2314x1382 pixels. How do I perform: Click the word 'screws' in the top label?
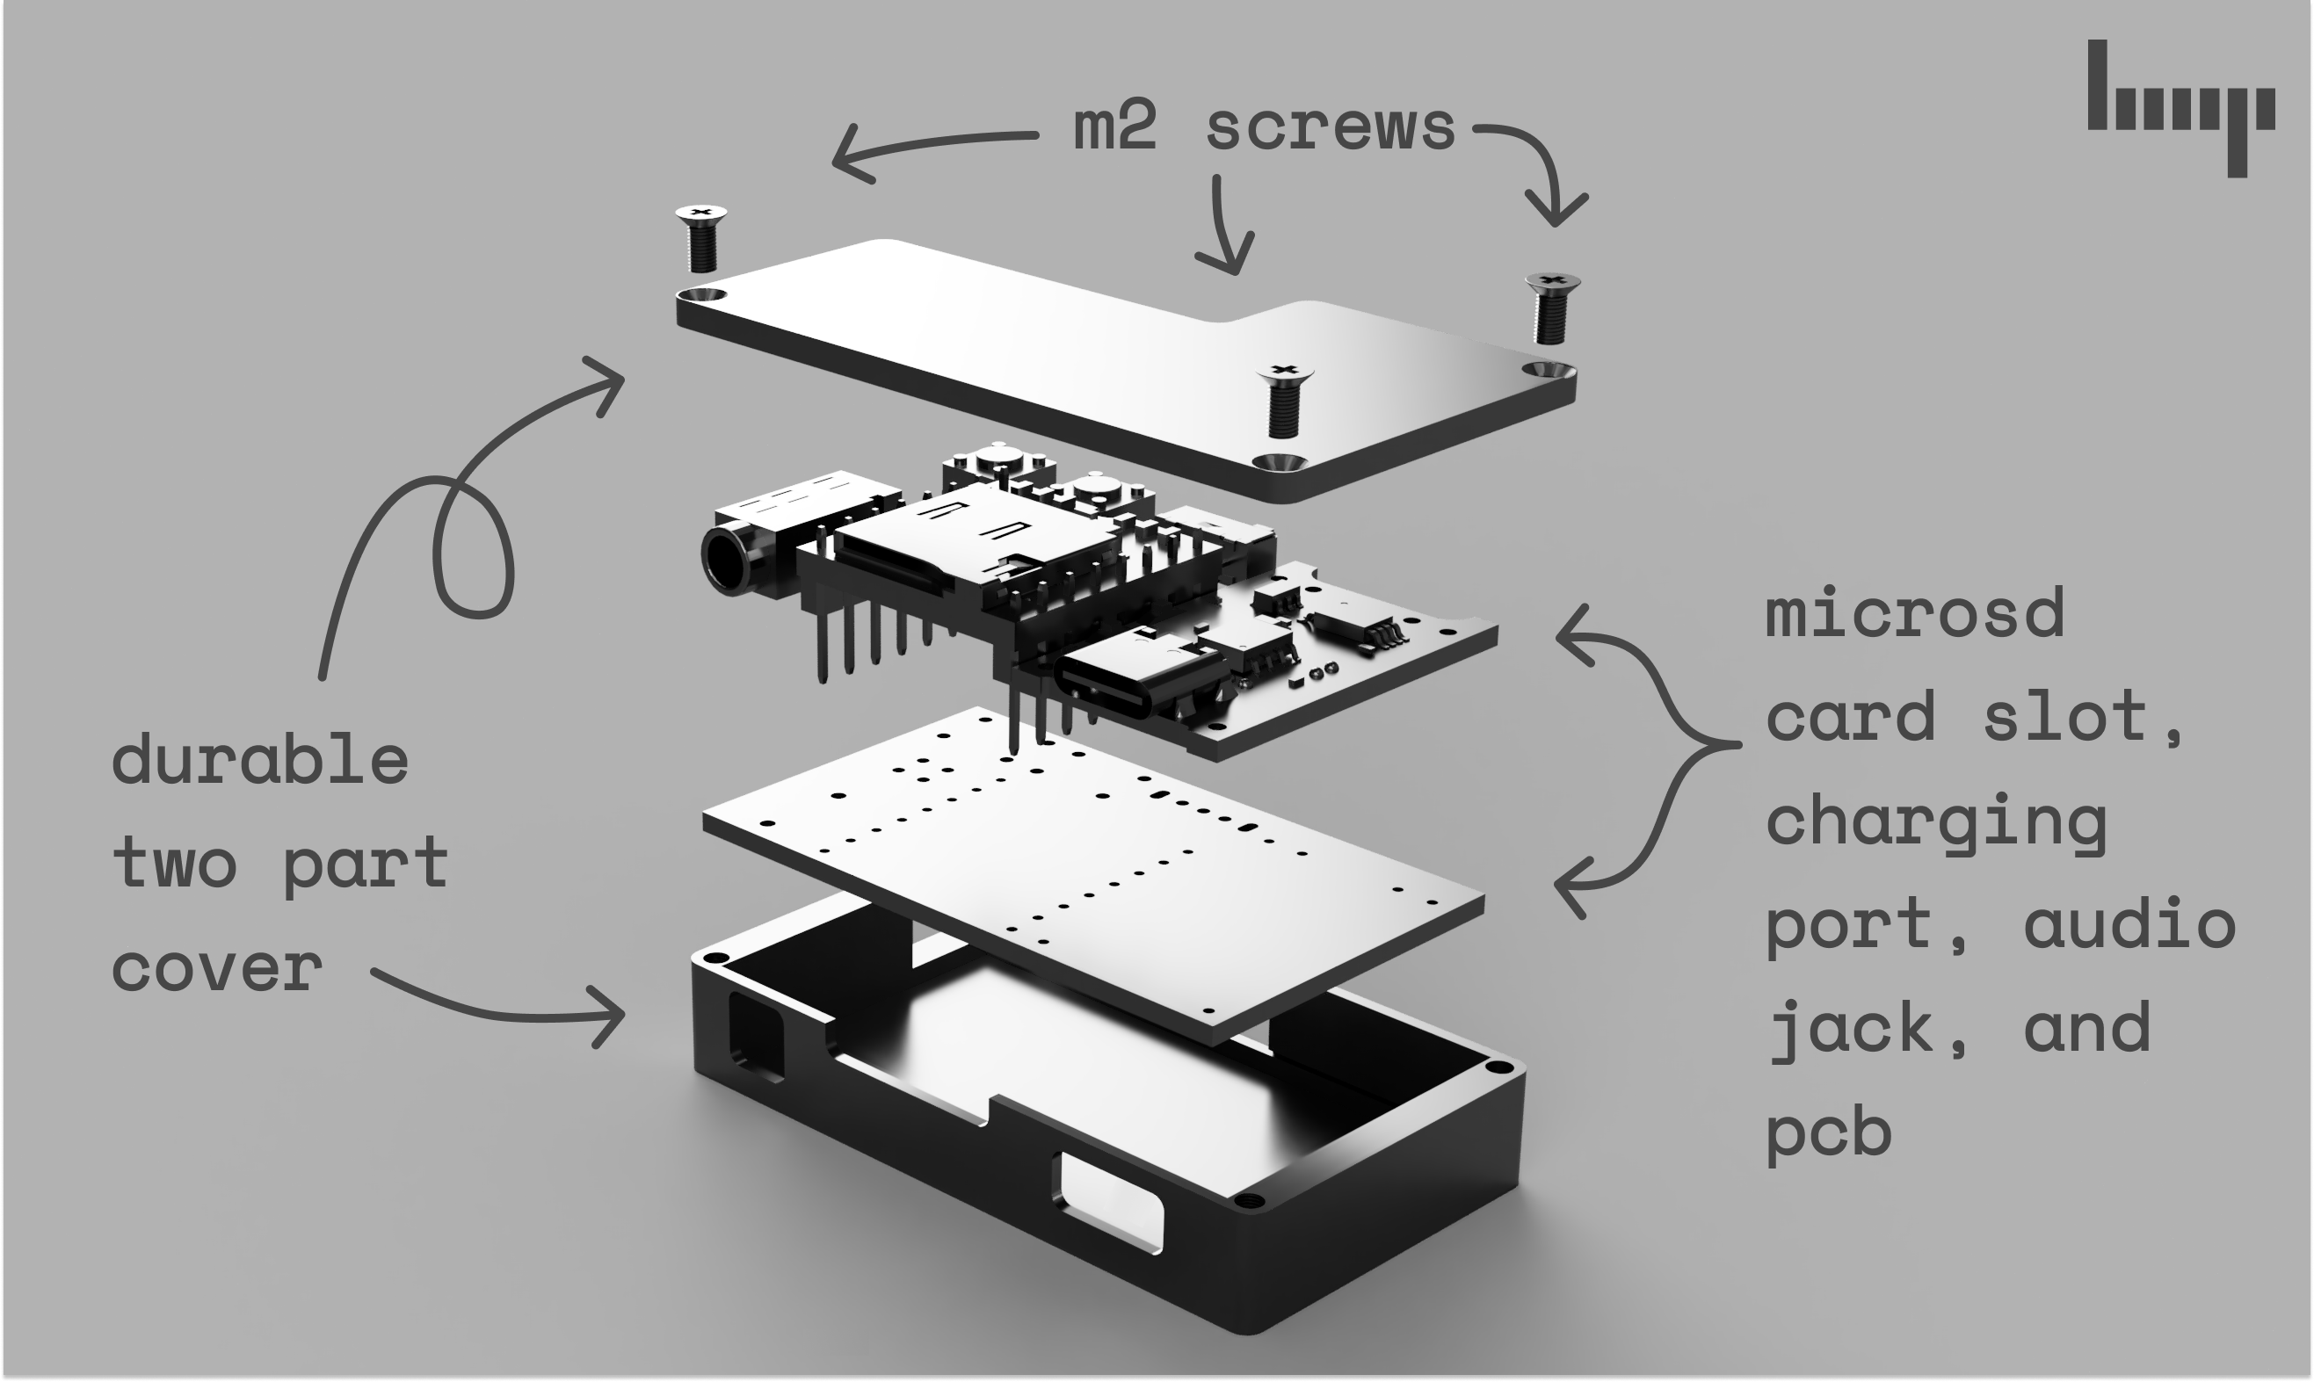tap(1330, 128)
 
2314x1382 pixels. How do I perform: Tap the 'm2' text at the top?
tap(1114, 128)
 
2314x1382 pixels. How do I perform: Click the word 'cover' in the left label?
tap(217, 968)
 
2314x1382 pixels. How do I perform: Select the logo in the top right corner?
tap(2180, 106)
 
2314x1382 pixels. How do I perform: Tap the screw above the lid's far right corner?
tap(1552, 308)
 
